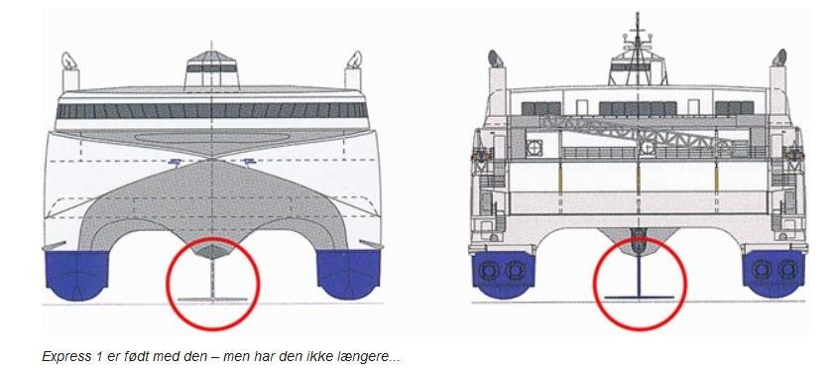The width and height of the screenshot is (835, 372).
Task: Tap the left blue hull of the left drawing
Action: (76, 275)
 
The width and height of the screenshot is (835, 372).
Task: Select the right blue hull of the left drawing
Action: (349, 275)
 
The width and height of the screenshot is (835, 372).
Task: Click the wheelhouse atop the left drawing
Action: (212, 70)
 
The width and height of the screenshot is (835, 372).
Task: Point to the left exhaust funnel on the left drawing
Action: (69, 72)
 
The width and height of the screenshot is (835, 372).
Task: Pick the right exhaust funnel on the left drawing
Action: (354, 71)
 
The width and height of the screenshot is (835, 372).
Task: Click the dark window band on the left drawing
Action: (212, 110)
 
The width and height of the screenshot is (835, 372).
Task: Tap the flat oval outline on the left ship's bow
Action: (212, 138)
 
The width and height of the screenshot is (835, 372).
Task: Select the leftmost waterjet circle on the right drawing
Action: (488, 270)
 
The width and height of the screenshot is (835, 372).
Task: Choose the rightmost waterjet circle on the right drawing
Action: (786, 270)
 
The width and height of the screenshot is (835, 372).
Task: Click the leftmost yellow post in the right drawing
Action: (560, 179)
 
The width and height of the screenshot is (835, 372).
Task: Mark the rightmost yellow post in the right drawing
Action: (716, 179)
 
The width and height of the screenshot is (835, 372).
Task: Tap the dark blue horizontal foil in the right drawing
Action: (639, 297)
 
